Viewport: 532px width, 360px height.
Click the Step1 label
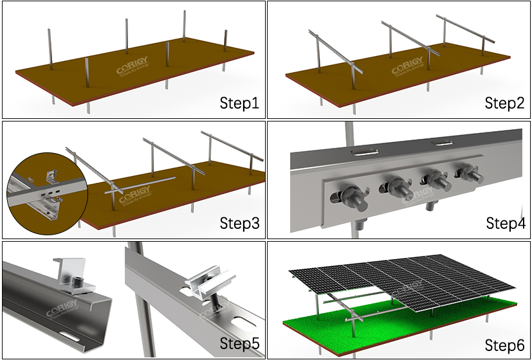[x=239, y=103]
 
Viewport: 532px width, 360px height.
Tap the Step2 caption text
[x=504, y=103]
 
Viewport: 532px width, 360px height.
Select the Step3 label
[x=239, y=223]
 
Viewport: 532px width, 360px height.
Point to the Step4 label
[x=504, y=223]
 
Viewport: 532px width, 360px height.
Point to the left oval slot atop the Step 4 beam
[x=365, y=152]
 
